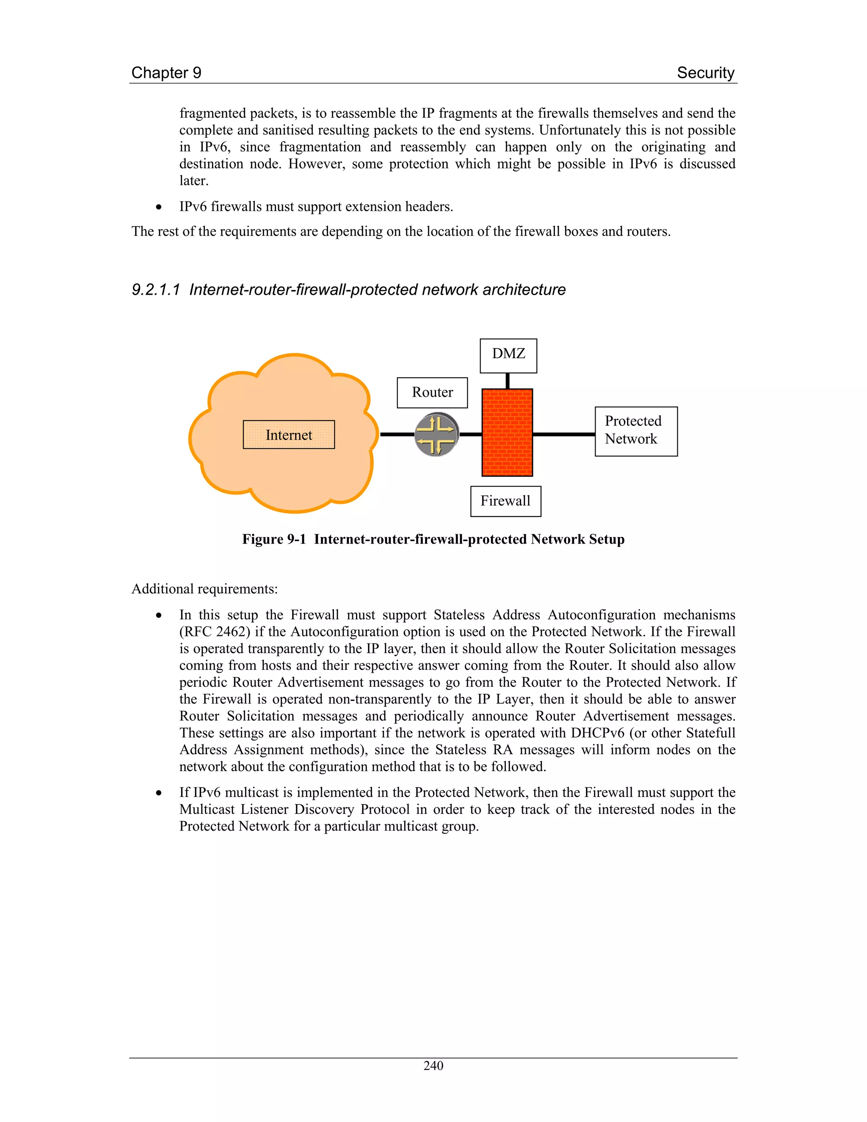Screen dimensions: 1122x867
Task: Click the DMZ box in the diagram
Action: click(508, 356)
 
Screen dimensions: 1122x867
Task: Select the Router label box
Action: click(432, 392)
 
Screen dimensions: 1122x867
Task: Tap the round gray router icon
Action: click(436, 434)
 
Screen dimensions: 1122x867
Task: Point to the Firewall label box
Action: click(505, 501)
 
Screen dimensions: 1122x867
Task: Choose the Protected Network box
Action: click(636, 431)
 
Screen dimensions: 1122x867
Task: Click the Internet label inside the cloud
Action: click(289, 435)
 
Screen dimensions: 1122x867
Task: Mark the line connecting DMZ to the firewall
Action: click(508, 381)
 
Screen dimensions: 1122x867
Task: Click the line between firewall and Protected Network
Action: click(563, 434)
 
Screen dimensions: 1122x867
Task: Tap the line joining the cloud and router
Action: click(397, 434)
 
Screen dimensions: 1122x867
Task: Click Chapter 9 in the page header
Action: click(166, 72)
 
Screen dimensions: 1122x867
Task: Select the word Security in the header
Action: click(705, 72)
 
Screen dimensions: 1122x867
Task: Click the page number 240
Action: click(433, 1066)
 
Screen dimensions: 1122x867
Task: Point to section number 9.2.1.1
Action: click(156, 290)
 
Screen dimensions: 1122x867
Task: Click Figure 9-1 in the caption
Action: click(274, 539)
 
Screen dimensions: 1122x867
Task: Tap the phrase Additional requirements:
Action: click(204, 589)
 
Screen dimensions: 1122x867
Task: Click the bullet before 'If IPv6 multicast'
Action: click(159, 793)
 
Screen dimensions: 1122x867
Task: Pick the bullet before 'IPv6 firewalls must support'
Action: click(159, 207)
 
